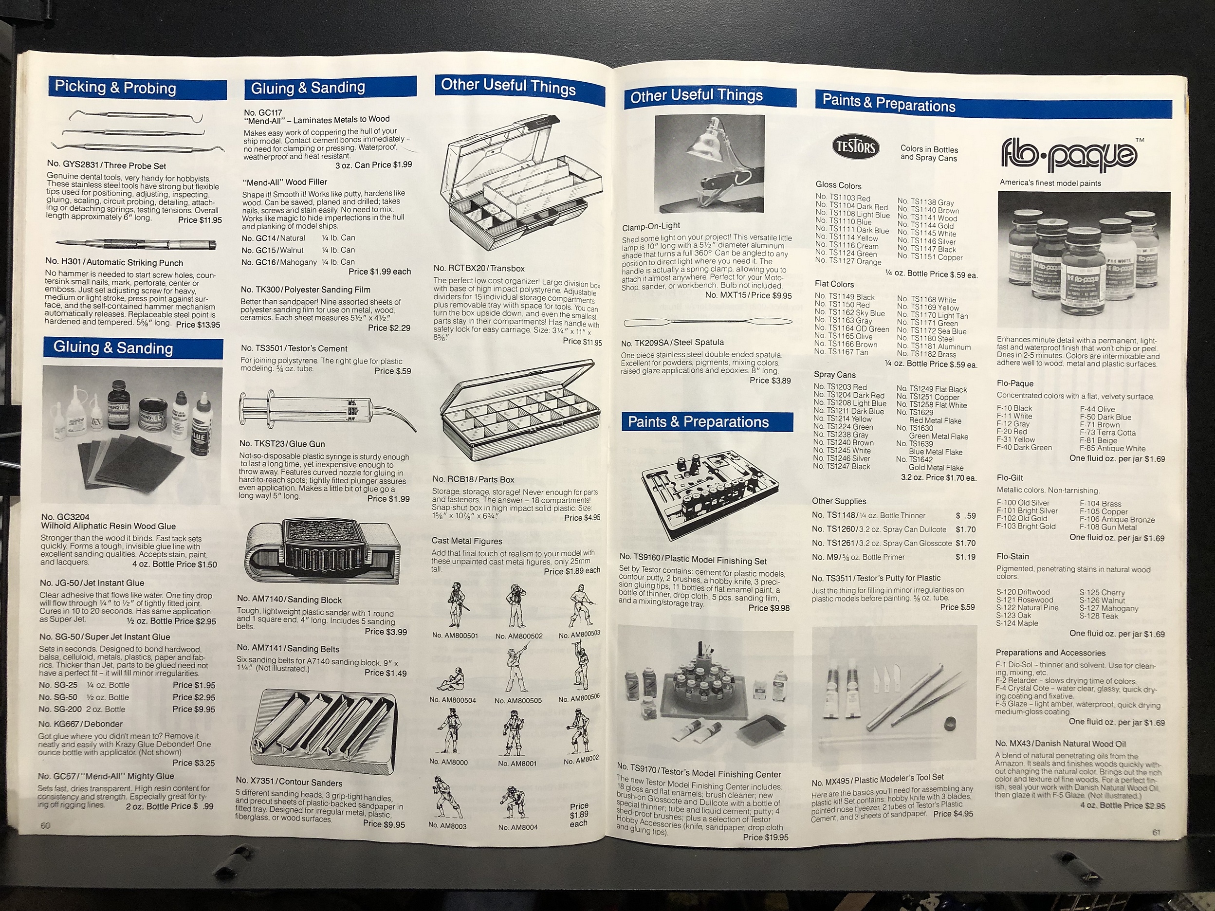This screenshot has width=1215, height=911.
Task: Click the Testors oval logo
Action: (855, 147)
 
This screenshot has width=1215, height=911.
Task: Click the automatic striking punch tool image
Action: (137, 244)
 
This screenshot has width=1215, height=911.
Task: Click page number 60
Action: (45, 825)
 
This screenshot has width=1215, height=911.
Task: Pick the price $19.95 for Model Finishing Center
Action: (765, 838)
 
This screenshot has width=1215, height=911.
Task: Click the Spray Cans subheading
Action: (834, 375)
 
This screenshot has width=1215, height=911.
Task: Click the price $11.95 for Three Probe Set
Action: (200, 220)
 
